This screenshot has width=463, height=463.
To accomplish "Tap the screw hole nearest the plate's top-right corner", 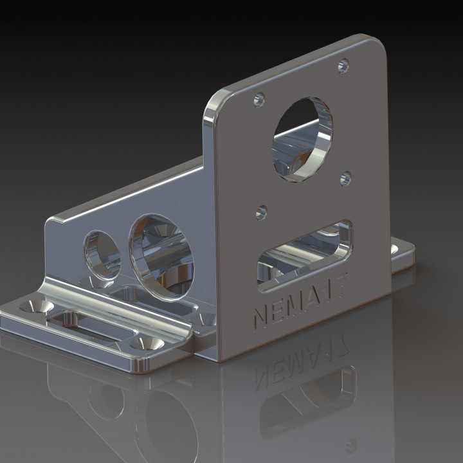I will click(343, 65).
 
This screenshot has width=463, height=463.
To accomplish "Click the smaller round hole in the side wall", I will click(102, 255).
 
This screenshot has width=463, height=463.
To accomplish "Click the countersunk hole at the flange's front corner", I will click(147, 345).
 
